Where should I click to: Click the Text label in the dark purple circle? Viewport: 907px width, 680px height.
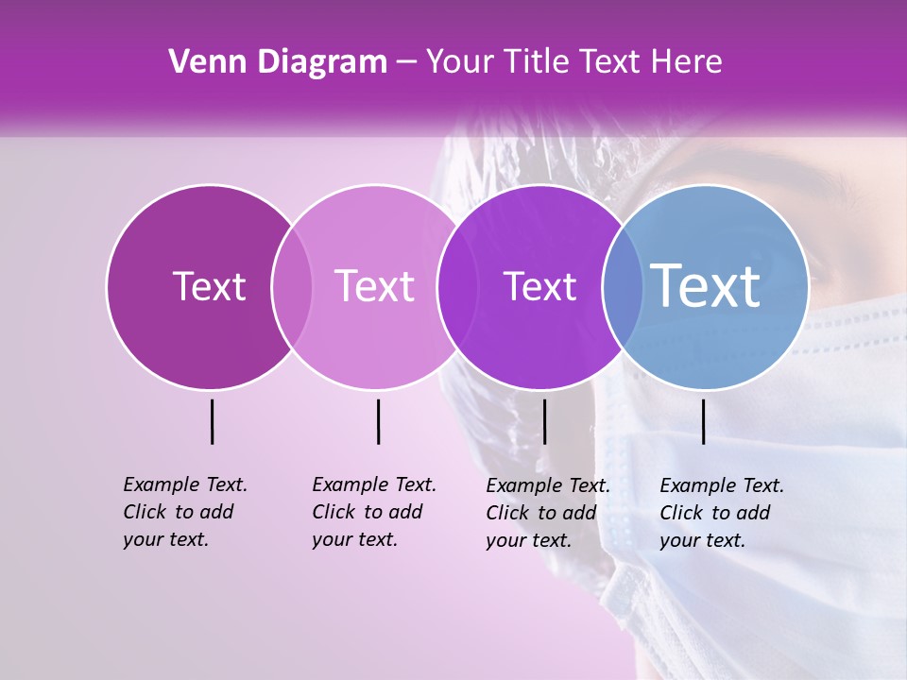209,286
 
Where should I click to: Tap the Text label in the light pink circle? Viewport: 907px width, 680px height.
374,286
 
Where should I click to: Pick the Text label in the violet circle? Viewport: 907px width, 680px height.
539,286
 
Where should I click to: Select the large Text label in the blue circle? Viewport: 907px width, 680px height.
706,285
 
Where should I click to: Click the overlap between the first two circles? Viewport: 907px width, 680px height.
292,286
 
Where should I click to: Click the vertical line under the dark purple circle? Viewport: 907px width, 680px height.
212,421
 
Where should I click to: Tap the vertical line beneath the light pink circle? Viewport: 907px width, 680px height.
378,421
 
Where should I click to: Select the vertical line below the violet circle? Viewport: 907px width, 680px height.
544,421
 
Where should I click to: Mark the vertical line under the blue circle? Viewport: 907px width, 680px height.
703,421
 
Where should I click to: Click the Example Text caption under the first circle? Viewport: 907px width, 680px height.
184,512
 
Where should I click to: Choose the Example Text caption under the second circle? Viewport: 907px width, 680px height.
373,512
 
